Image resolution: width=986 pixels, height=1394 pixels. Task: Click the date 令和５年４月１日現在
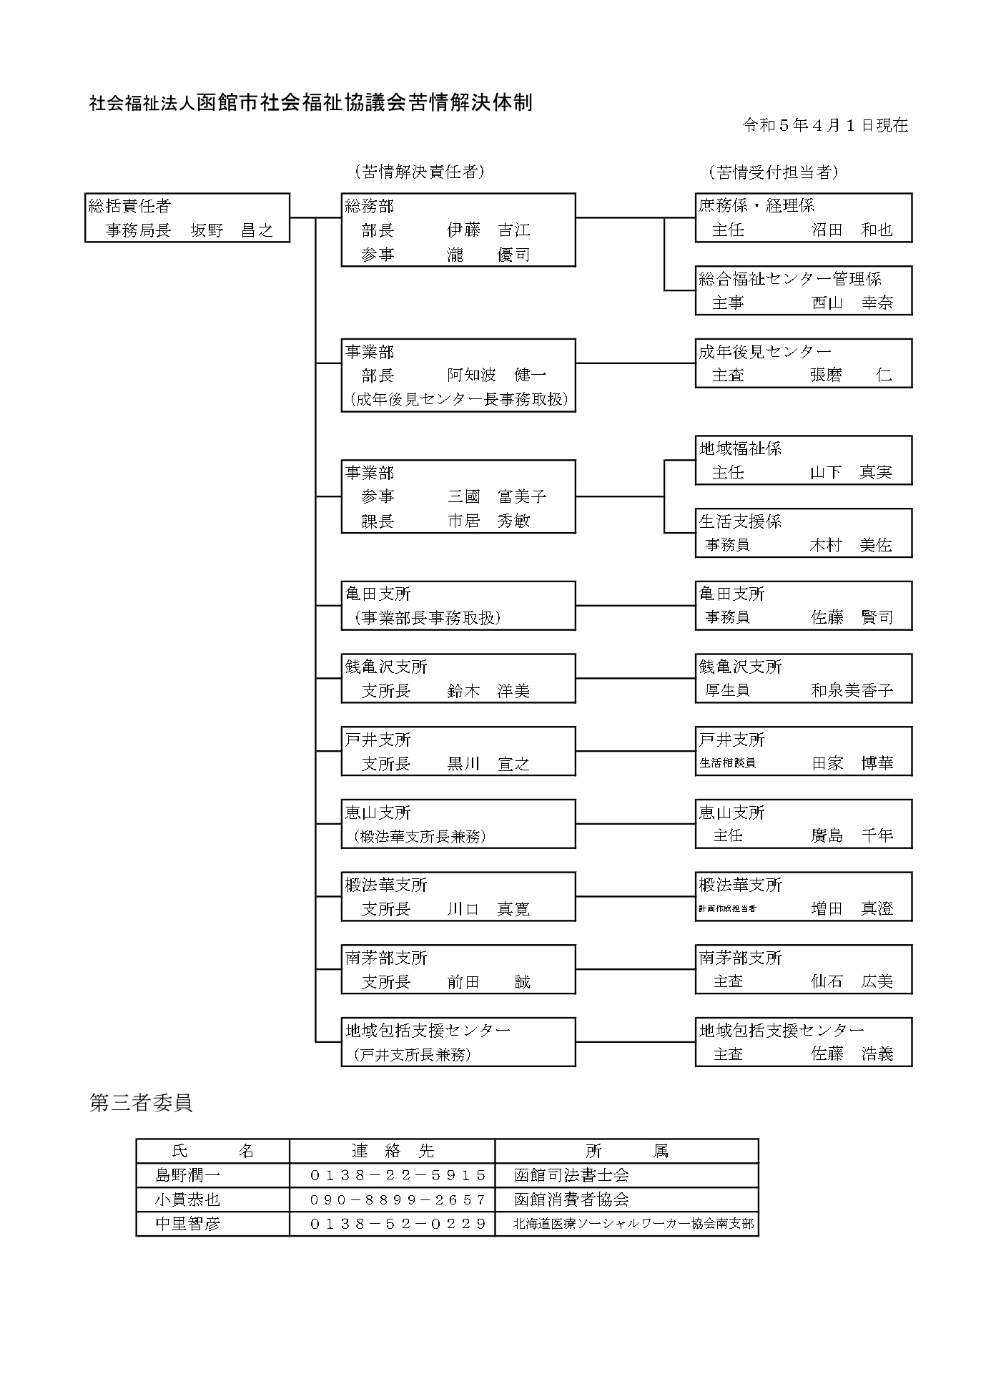pos(825,125)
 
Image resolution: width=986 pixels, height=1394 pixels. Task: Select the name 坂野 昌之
pos(232,230)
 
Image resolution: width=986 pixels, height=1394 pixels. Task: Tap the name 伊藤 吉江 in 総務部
pos(488,230)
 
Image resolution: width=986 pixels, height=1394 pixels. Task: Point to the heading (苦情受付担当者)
pos(773,172)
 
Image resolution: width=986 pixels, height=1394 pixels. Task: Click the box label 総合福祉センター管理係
pos(790,279)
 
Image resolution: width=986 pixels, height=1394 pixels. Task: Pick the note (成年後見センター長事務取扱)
pos(458,400)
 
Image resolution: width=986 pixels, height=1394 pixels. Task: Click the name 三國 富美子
pos(497,496)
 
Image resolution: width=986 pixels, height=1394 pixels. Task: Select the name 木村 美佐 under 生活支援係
pos(851,545)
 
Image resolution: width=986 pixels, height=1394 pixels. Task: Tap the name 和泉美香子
pos(852,691)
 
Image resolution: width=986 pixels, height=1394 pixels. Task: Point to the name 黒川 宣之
pos(488,764)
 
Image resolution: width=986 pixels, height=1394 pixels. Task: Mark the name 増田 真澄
pos(852,909)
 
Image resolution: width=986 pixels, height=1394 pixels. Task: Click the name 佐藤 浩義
pos(852,1054)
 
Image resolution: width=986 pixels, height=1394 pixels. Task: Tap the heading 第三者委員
pos(141,1103)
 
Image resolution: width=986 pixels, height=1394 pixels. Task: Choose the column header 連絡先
pos(393,1151)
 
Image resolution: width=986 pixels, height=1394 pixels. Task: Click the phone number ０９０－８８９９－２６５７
pos(398,1199)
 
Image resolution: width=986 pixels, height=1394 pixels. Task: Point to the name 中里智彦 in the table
pos(188,1224)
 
